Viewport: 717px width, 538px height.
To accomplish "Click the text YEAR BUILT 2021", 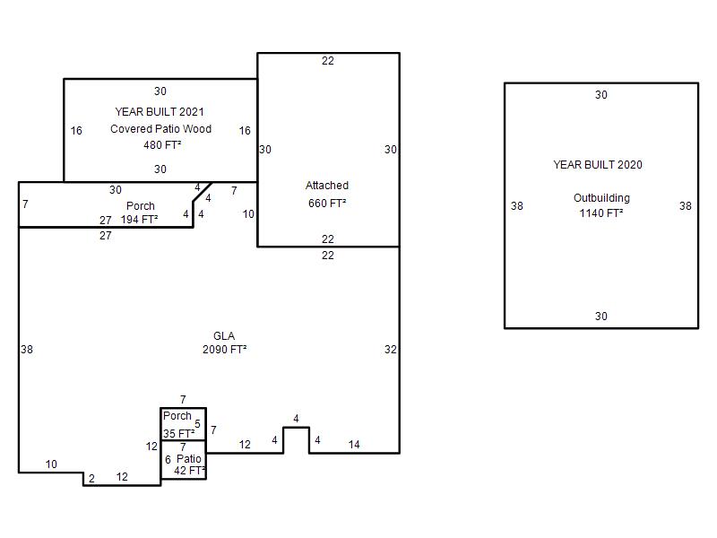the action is click(160, 111).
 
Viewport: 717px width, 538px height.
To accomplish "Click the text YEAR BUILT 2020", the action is click(598, 165).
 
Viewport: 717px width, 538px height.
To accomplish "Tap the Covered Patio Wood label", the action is click(160, 128).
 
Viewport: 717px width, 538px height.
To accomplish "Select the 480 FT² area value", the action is click(162, 145).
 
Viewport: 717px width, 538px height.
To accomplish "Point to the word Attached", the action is click(327, 186).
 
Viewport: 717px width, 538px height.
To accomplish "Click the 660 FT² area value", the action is click(327, 204).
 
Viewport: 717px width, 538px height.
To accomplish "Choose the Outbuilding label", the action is click(601, 198).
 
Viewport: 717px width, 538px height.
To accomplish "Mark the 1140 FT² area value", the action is click(601, 213).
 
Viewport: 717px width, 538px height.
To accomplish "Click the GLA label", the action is click(224, 335).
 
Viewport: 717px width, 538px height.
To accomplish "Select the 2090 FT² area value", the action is click(225, 350).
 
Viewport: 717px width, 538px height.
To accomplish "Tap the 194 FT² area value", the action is click(139, 220).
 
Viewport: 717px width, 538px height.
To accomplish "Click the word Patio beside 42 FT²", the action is click(189, 459).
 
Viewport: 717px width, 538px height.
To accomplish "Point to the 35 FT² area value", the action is click(178, 433).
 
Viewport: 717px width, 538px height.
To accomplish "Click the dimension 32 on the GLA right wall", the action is click(391, 350).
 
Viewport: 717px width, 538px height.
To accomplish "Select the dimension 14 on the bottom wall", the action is click(354, 444).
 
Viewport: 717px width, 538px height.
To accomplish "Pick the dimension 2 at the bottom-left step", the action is click(91, 479).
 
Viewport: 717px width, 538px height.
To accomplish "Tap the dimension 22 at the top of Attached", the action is click(328, 61).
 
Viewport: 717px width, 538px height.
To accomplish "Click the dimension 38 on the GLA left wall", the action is click(27, 350).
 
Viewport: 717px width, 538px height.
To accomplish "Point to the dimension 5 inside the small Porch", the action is click(197, 423).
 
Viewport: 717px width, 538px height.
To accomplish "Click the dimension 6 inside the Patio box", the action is click(168, 459).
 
